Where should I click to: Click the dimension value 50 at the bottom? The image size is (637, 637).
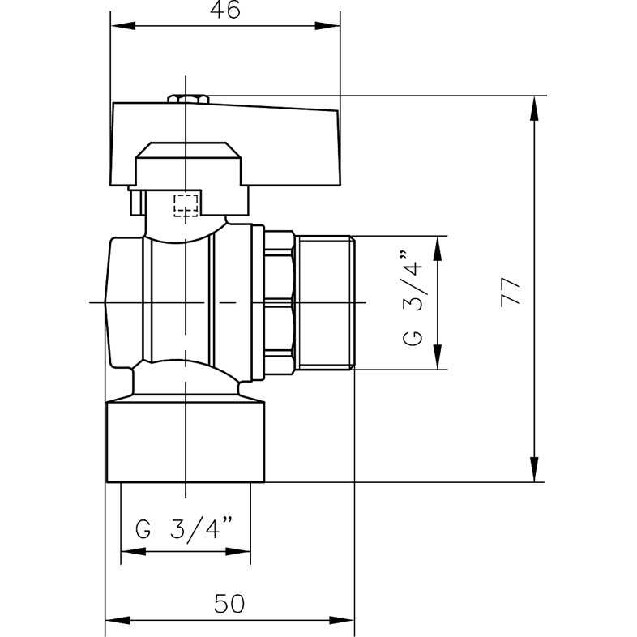[x=230, y=603]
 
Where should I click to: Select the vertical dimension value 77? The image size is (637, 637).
[x=510, y=291]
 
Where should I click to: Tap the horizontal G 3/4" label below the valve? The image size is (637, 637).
[x=185, y=529]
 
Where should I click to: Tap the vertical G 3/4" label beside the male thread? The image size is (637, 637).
[x=413, y=302]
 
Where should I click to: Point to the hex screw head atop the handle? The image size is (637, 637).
[x=188, y=99]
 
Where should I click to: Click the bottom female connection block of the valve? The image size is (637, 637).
[x=187, y=442]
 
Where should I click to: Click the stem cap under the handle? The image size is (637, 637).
[x=187, y=162]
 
